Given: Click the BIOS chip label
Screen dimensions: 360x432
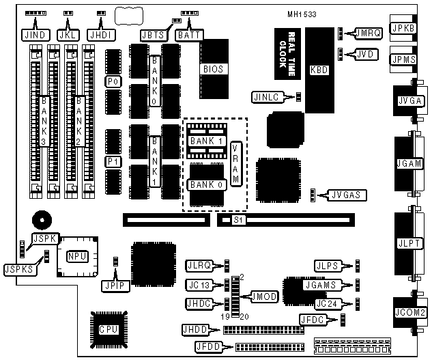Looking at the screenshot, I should coord(213,69).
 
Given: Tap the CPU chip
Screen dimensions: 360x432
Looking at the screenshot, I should coord(108,329).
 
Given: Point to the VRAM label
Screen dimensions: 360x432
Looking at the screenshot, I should coord(236,165).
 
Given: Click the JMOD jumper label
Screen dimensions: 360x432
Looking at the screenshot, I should coord(264,296).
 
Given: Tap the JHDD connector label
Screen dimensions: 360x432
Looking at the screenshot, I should coord(195,330).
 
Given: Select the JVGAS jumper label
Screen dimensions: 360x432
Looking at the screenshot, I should coord(347,195).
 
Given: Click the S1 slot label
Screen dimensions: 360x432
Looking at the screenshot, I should coord(238,220).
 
